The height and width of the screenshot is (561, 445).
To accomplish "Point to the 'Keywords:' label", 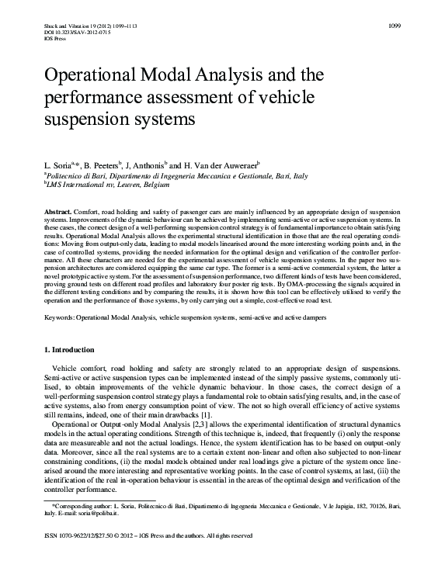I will tap(61, 318).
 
